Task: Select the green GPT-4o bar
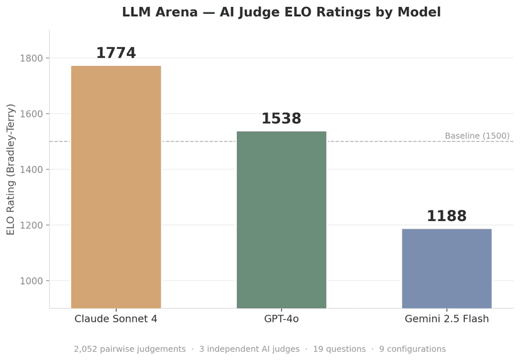281,219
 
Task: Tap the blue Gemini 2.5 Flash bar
447,268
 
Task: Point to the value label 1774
116,53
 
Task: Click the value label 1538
281,119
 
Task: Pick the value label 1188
447,217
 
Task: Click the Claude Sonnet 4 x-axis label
116,319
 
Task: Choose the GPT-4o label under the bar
281,319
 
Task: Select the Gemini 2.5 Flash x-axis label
447,319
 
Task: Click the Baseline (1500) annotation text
477,136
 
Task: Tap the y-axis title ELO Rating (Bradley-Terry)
11,170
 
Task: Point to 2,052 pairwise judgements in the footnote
129,349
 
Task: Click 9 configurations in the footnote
413,349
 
